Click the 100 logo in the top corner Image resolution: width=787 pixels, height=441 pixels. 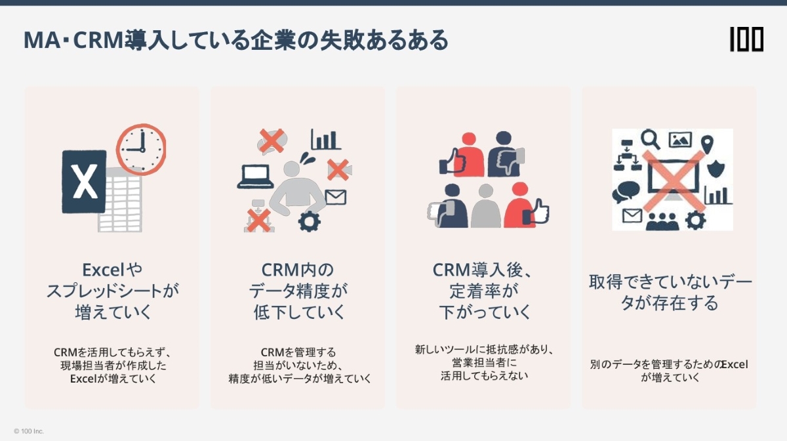746,40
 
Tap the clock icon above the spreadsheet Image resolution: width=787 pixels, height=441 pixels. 140,149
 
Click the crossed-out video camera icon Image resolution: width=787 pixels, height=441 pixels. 338,169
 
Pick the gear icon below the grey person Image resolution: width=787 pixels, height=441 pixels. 308,221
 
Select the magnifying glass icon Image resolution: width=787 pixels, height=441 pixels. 651,139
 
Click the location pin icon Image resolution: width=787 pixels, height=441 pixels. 706,143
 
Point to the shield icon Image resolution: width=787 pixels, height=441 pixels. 716,167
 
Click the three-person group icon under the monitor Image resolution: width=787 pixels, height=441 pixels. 662,220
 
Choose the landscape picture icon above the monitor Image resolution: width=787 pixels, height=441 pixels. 680,139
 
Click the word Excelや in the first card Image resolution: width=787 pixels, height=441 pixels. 112,269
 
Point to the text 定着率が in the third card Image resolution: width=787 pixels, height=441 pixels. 484,290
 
